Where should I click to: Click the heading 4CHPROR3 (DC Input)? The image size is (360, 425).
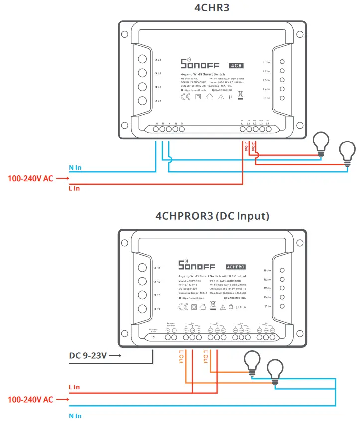coord(213,216)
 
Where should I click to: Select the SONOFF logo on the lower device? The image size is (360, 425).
coord(198,265)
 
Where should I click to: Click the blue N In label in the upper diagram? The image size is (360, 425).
coord(75,168)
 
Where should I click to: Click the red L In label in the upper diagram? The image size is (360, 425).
coord(74,188)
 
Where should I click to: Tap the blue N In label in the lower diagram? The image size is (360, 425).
coord(75,415)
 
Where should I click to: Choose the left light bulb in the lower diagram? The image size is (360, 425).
coord(252,362)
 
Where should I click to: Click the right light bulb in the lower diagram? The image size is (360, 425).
coord(275,370)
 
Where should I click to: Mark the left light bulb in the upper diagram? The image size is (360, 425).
coord(320,143)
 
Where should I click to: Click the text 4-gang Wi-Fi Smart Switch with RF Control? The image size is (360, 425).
coord(212,276)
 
